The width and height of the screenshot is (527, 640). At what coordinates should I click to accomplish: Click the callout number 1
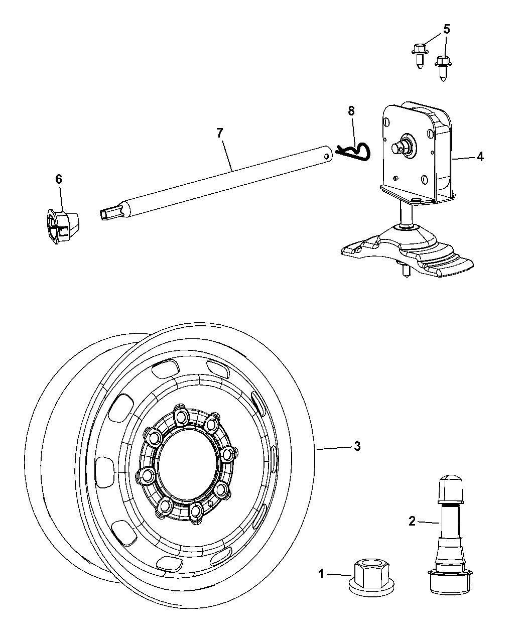click(321, 574)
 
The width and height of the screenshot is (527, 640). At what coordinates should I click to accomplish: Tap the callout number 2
click(412, 521)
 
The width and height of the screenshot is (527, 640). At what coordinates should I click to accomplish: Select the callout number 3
click(357, 446)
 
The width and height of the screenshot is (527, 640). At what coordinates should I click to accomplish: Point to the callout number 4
click(480, 157)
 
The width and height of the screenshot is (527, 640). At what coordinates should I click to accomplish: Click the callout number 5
click(447, 30)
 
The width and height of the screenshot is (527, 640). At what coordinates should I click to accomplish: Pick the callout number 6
click(59, 179)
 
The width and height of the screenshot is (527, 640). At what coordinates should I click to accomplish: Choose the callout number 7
click(219, 133)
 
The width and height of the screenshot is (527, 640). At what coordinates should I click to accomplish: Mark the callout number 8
click(351, 110)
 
